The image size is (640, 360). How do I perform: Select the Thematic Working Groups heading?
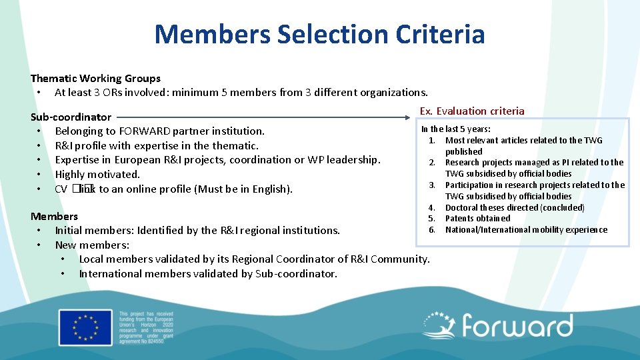(x=95, y=78)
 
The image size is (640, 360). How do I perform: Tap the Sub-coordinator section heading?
(x=71, y=117)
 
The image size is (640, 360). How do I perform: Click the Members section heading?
(x=54, y=216)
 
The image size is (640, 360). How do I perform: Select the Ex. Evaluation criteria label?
(x=472, y=111)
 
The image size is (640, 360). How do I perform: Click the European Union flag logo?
(x=85, y=327)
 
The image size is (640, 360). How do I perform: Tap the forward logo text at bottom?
(x=517, y=327)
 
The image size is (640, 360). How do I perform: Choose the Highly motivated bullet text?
(x=97, y=174)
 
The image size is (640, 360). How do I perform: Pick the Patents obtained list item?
(x=477, y=218)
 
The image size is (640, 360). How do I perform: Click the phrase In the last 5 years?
(x=456, y=129)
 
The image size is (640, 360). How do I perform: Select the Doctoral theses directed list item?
(x=515, y=207)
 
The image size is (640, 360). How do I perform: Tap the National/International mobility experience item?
(x=526, y=229)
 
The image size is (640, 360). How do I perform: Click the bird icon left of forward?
(x=440, y=326)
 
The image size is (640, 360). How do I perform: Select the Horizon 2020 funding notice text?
(x=145, y=327)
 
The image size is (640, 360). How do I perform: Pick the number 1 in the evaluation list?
(x=432, y=140)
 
